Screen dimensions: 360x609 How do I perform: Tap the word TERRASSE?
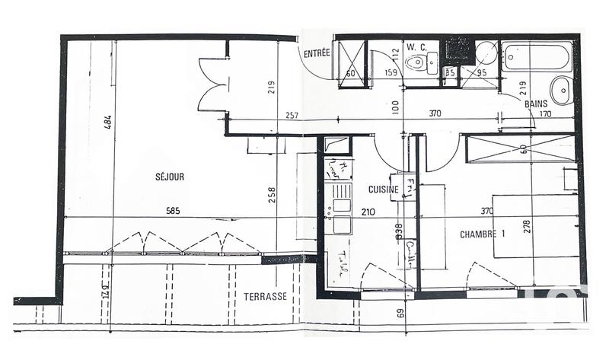pyautogui.click(x=265, y=296)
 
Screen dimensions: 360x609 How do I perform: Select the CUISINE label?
pyautogui.click(x=384, y=189)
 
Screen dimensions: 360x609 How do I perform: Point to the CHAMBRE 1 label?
pyautogui.click(x=483, y=234)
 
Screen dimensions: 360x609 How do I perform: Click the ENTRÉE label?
pyautogui.click(x=316, y=53)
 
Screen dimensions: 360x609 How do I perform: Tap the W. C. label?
pyautogui.click(x=416, y=46)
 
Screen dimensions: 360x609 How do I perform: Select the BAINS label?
pyautogui.click(x=537, y=104)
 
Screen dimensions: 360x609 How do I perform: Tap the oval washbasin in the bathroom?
pyautogui.click(x=561, y=91)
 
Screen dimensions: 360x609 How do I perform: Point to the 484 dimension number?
pyautogui.click(x=107, y=123)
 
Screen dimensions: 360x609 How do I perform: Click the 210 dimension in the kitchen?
pyautogui.click(x=368, y=212)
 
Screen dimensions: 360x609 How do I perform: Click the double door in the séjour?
pyautogui.click(x=210, y=85)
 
